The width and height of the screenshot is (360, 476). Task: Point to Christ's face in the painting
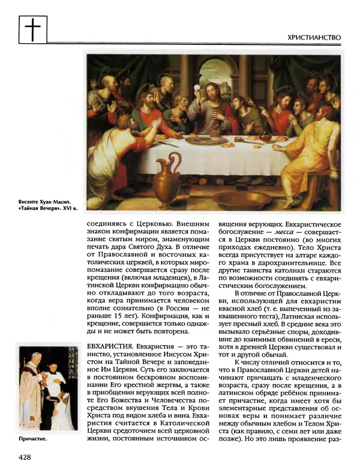coord(211,92)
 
